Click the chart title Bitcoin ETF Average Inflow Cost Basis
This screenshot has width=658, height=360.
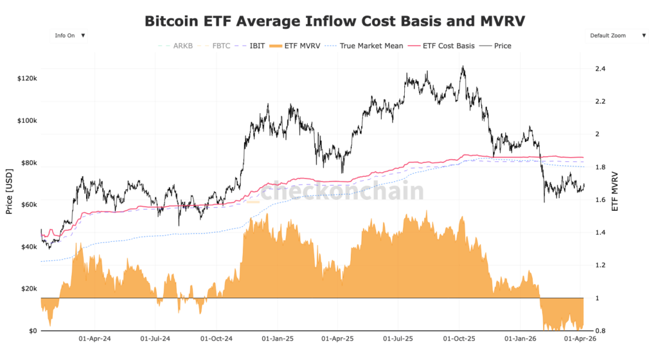pos(335,21)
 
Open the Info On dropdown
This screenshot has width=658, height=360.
pos(70,36)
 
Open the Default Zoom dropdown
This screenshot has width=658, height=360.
pos(617,36)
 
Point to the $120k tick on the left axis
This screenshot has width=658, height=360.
pos(26,78)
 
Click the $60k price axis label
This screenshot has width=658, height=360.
pos(28,204)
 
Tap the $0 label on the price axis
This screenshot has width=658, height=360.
pos(32,330)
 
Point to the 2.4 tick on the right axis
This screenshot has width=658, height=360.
pos(600,69)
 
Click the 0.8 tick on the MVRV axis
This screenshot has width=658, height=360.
pos(600,330)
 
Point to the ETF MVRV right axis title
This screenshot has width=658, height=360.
pos(615,191)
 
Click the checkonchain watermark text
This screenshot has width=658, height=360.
pos(342,191)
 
